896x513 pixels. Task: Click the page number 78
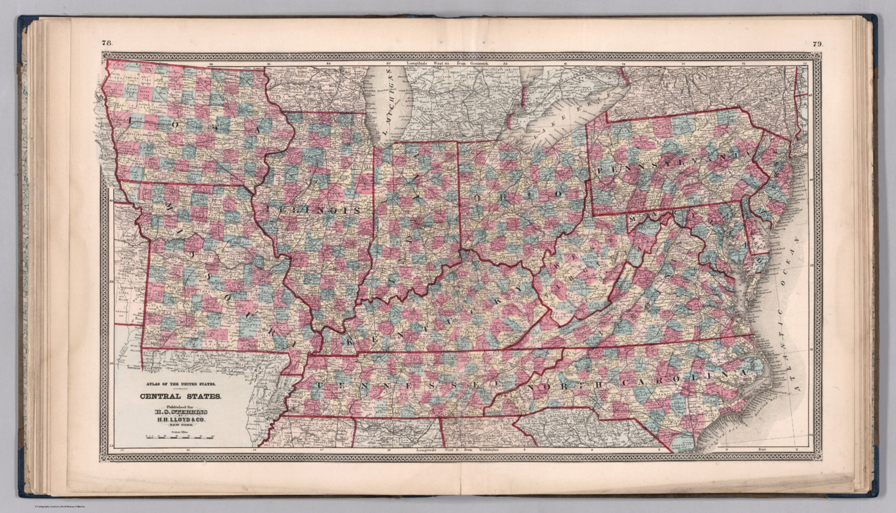click(x=107, y=43)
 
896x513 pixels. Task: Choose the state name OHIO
click(x=519, y=195)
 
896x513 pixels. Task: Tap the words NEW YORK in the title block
click(x=180, y=425)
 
